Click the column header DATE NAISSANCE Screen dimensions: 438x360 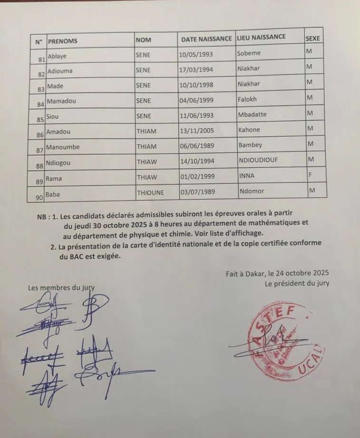pyautogui.click(x=206, y=38)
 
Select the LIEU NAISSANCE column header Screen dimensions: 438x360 pyautogui.click(x=261, y=37)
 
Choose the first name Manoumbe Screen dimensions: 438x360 pyautogui.click(x=63, y=147)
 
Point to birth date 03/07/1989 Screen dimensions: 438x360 pyautogui.click(x=196, y=193)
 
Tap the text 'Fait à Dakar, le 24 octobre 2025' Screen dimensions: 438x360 pyautogui.click(x=277, y=273)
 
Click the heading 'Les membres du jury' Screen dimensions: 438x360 pyautogui.click(x=58, y=287)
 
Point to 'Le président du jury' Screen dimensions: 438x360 pyautogui.click(x=297, y=284)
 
